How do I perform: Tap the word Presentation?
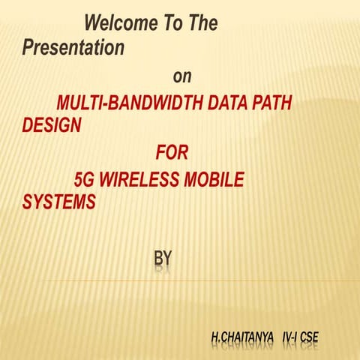coord(73,48)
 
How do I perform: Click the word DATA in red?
coord(228,104)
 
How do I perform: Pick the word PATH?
coord(271,104)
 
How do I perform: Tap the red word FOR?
coord(172,154)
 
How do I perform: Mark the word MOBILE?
coord(220,181)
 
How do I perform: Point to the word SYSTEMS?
coord(59,202)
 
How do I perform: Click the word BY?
coord(163,259)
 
